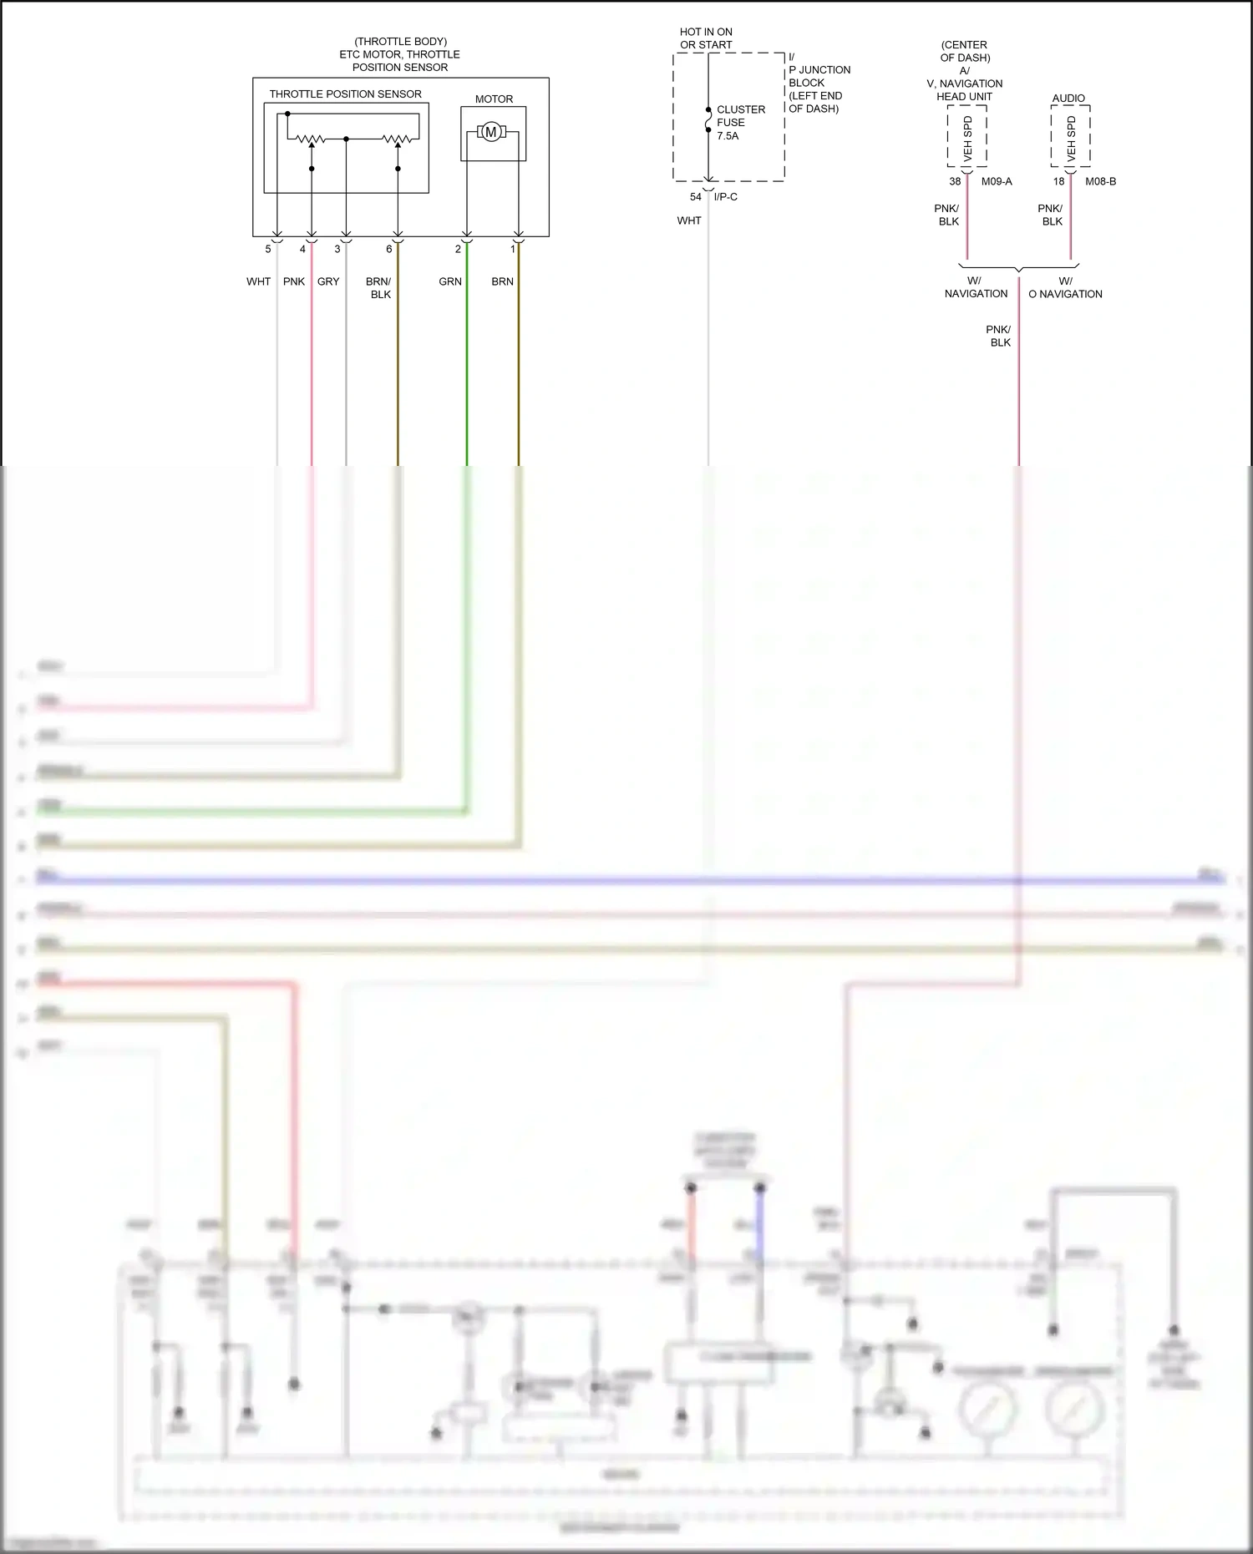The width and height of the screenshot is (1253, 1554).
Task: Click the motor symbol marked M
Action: tap(491, 132)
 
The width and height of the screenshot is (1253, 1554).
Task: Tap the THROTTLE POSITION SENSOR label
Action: tap(345, 94)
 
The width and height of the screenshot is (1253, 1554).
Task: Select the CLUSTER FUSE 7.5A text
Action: tap(739, 123)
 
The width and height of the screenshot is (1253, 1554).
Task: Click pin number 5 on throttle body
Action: tap(268, 249)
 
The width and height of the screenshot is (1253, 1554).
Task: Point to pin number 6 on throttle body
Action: tap(388, 249)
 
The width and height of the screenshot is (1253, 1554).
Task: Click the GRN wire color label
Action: tap(450, 281)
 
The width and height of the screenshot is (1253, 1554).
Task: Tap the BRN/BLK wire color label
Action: tap(379, 287)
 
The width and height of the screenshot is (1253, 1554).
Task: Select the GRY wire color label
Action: tap(328, 281)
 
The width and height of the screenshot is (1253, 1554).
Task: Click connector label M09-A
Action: tap(997, 181)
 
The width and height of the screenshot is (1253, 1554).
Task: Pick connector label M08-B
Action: tap(1100, 181)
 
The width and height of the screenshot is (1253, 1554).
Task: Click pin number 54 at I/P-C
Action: tap(695, 197)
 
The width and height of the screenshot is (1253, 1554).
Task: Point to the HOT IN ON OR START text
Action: tap(706, 38)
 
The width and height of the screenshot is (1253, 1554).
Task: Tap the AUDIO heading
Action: tap(1068, 99)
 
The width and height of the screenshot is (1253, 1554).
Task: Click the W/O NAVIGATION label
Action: tap(1065, 288)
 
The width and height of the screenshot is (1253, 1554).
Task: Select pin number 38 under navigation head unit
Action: tap(955, 181)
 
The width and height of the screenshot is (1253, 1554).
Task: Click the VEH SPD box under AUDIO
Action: tap(1071, 137)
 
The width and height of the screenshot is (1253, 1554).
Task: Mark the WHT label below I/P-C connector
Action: tap(689, 220)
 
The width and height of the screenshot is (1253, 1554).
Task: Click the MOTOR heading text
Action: tap(494, 99)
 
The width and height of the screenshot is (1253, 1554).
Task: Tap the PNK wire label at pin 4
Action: tap(294, 281)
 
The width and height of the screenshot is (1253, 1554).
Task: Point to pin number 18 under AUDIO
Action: tap(1058, 181)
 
